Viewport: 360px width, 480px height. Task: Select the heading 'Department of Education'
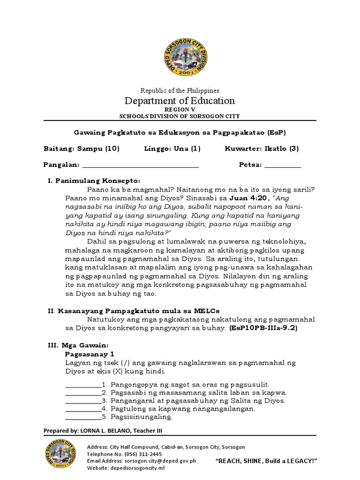(180, 101)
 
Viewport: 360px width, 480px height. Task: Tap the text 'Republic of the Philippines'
(180, 90)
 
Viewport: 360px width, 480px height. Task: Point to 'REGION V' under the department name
(180, 110)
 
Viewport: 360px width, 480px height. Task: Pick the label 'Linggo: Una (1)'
(172, 149)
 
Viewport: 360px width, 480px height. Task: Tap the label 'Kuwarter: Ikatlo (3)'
(262, 149)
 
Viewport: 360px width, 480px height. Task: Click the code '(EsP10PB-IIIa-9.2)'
(263, 328)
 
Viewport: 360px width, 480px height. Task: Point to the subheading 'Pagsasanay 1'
(90, 353)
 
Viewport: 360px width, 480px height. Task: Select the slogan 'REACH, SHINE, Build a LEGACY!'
(266, 461)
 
